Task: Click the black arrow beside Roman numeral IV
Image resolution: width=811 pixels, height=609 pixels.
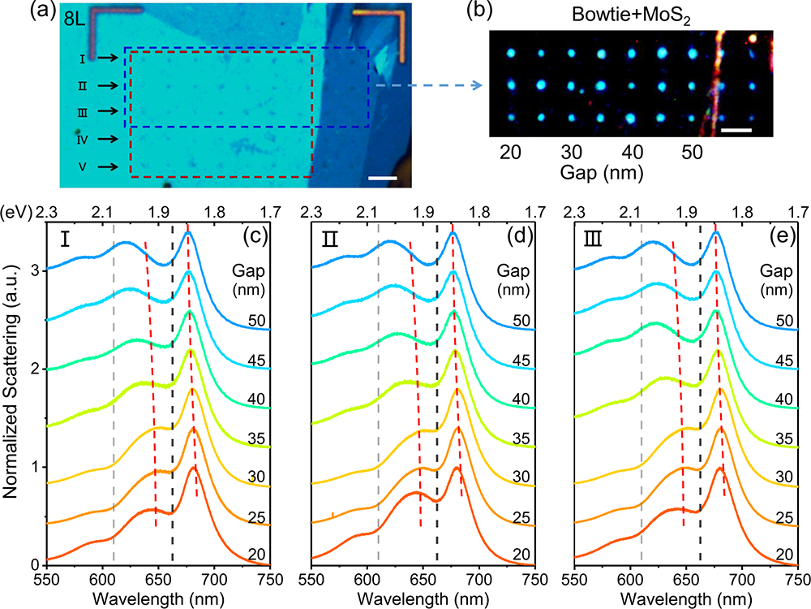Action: (106, 140)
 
